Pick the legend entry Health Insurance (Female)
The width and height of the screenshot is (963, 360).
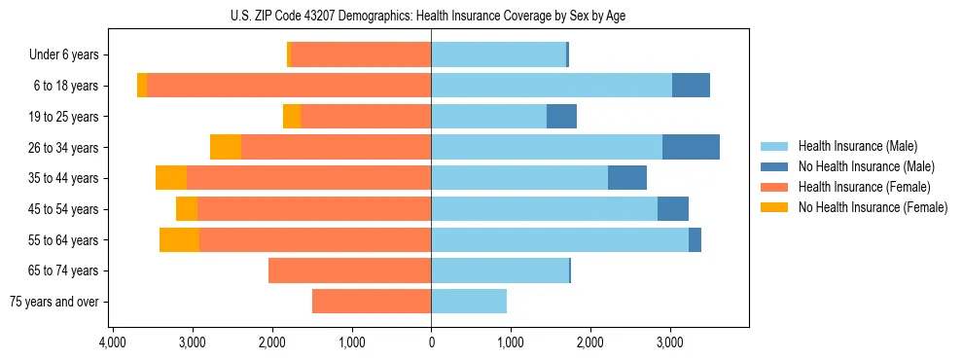click(861, 187)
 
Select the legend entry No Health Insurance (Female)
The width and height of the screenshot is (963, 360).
click(872, 207)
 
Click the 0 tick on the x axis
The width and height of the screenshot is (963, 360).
click(431, 342)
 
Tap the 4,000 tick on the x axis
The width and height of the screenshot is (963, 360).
click(113, 342)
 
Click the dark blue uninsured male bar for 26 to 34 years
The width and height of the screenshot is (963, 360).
click(691, 147)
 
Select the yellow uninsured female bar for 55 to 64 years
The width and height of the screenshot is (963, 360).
click(179, 239)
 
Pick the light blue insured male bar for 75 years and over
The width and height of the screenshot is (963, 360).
click(469, 302)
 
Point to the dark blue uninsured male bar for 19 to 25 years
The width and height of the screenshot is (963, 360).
click(561, 117)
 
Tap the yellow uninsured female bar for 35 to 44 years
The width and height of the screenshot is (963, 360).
click(171, 178)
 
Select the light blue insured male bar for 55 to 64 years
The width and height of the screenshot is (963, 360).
click(559, 239)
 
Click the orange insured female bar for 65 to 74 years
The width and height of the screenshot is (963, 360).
click(349, 270)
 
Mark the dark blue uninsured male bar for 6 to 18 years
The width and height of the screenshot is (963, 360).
click(691, 86)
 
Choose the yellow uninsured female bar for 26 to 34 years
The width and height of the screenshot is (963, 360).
click(226, 147)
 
